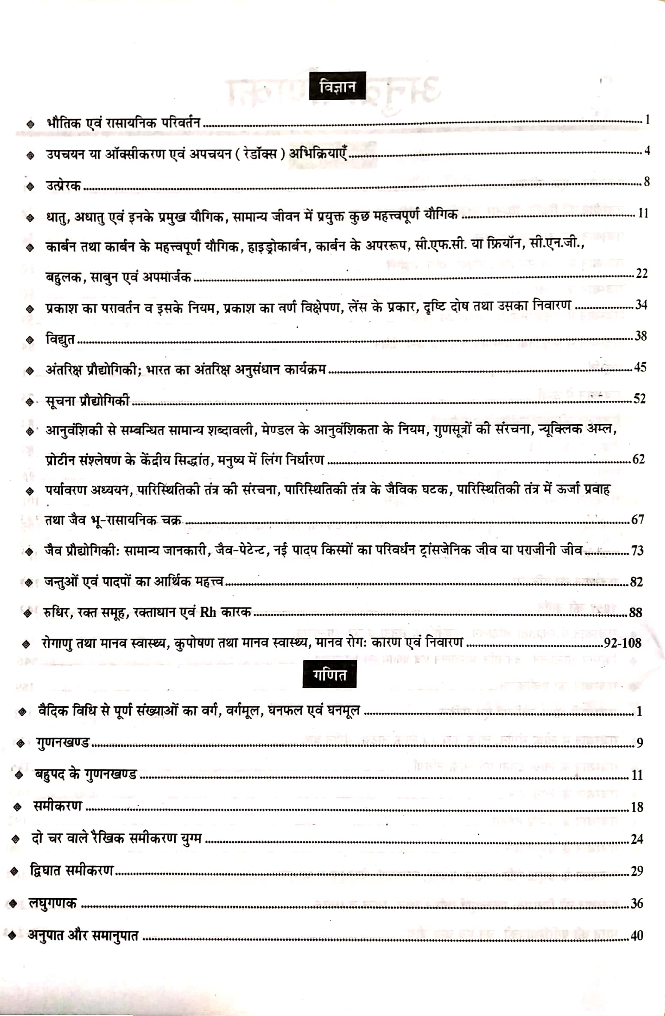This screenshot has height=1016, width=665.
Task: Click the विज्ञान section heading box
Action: (x=337, y=86)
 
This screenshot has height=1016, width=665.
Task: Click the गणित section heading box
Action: (x=329, y=675)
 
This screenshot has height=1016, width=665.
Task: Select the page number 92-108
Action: (x=622, y=642)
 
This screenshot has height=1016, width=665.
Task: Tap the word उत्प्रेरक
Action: (x=63, y=185)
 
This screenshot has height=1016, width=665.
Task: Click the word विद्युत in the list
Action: (x=60, y=339)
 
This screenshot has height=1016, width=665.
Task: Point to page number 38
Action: (x=640, y=336)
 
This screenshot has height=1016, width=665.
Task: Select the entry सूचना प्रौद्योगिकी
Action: (x=87, y=401)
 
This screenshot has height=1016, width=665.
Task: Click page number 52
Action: (x=639, y=399)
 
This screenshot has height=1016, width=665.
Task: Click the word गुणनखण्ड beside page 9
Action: (x=63, y=742)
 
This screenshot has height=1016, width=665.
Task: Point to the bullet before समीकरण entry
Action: (x=17, y=807)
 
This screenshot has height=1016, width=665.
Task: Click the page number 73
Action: (x=637, y=550)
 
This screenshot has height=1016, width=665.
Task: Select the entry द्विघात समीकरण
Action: (x=71, y=870)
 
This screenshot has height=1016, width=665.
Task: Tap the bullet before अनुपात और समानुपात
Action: (x=12, y=935)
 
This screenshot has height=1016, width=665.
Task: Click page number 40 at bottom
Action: (x=637, y=935)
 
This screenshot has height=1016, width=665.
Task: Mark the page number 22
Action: (x=641, y=273)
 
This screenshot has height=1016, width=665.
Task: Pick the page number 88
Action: (x=635, y=613)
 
